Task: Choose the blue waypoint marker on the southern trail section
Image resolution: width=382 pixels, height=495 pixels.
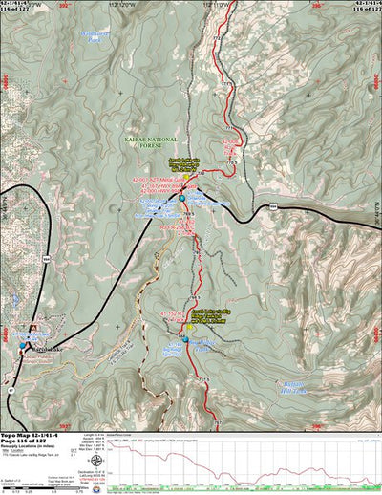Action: (186, 339)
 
